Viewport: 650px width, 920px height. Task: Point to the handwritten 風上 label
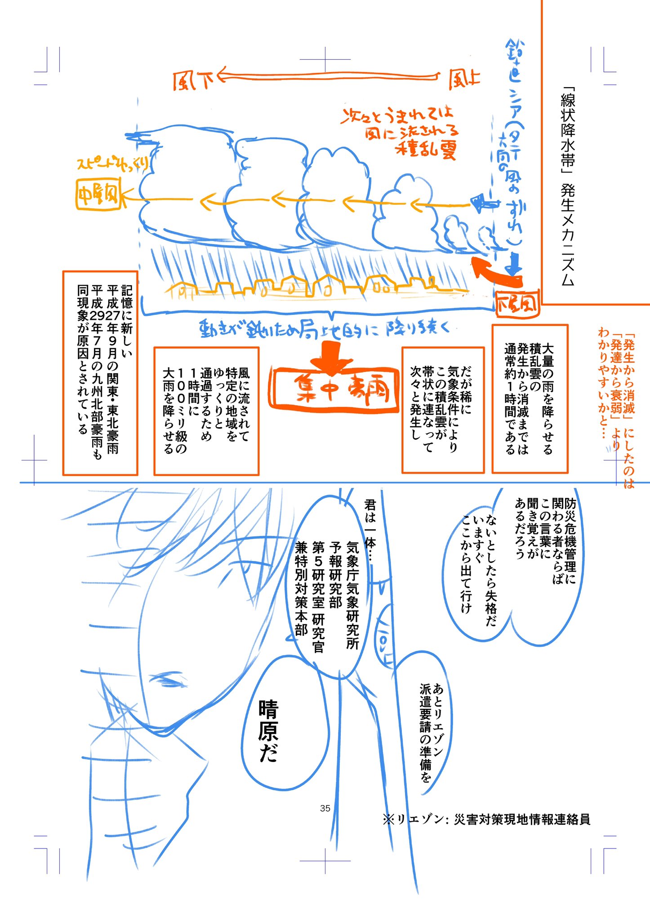(x=464, y=80)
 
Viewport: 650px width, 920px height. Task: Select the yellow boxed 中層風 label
(x=98, y=195)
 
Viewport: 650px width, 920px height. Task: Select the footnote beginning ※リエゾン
(x=486, y=819)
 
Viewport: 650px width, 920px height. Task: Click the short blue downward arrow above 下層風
(x=513, y=265)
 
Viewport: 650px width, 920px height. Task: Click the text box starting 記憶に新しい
(x=100, y=373)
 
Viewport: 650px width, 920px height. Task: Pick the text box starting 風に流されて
(x=206, y=411)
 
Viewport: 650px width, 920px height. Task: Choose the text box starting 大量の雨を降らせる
(x=530, y=398)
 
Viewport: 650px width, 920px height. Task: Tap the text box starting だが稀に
(x=442, y=409)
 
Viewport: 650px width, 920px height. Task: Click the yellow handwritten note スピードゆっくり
(x=112, y=164)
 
